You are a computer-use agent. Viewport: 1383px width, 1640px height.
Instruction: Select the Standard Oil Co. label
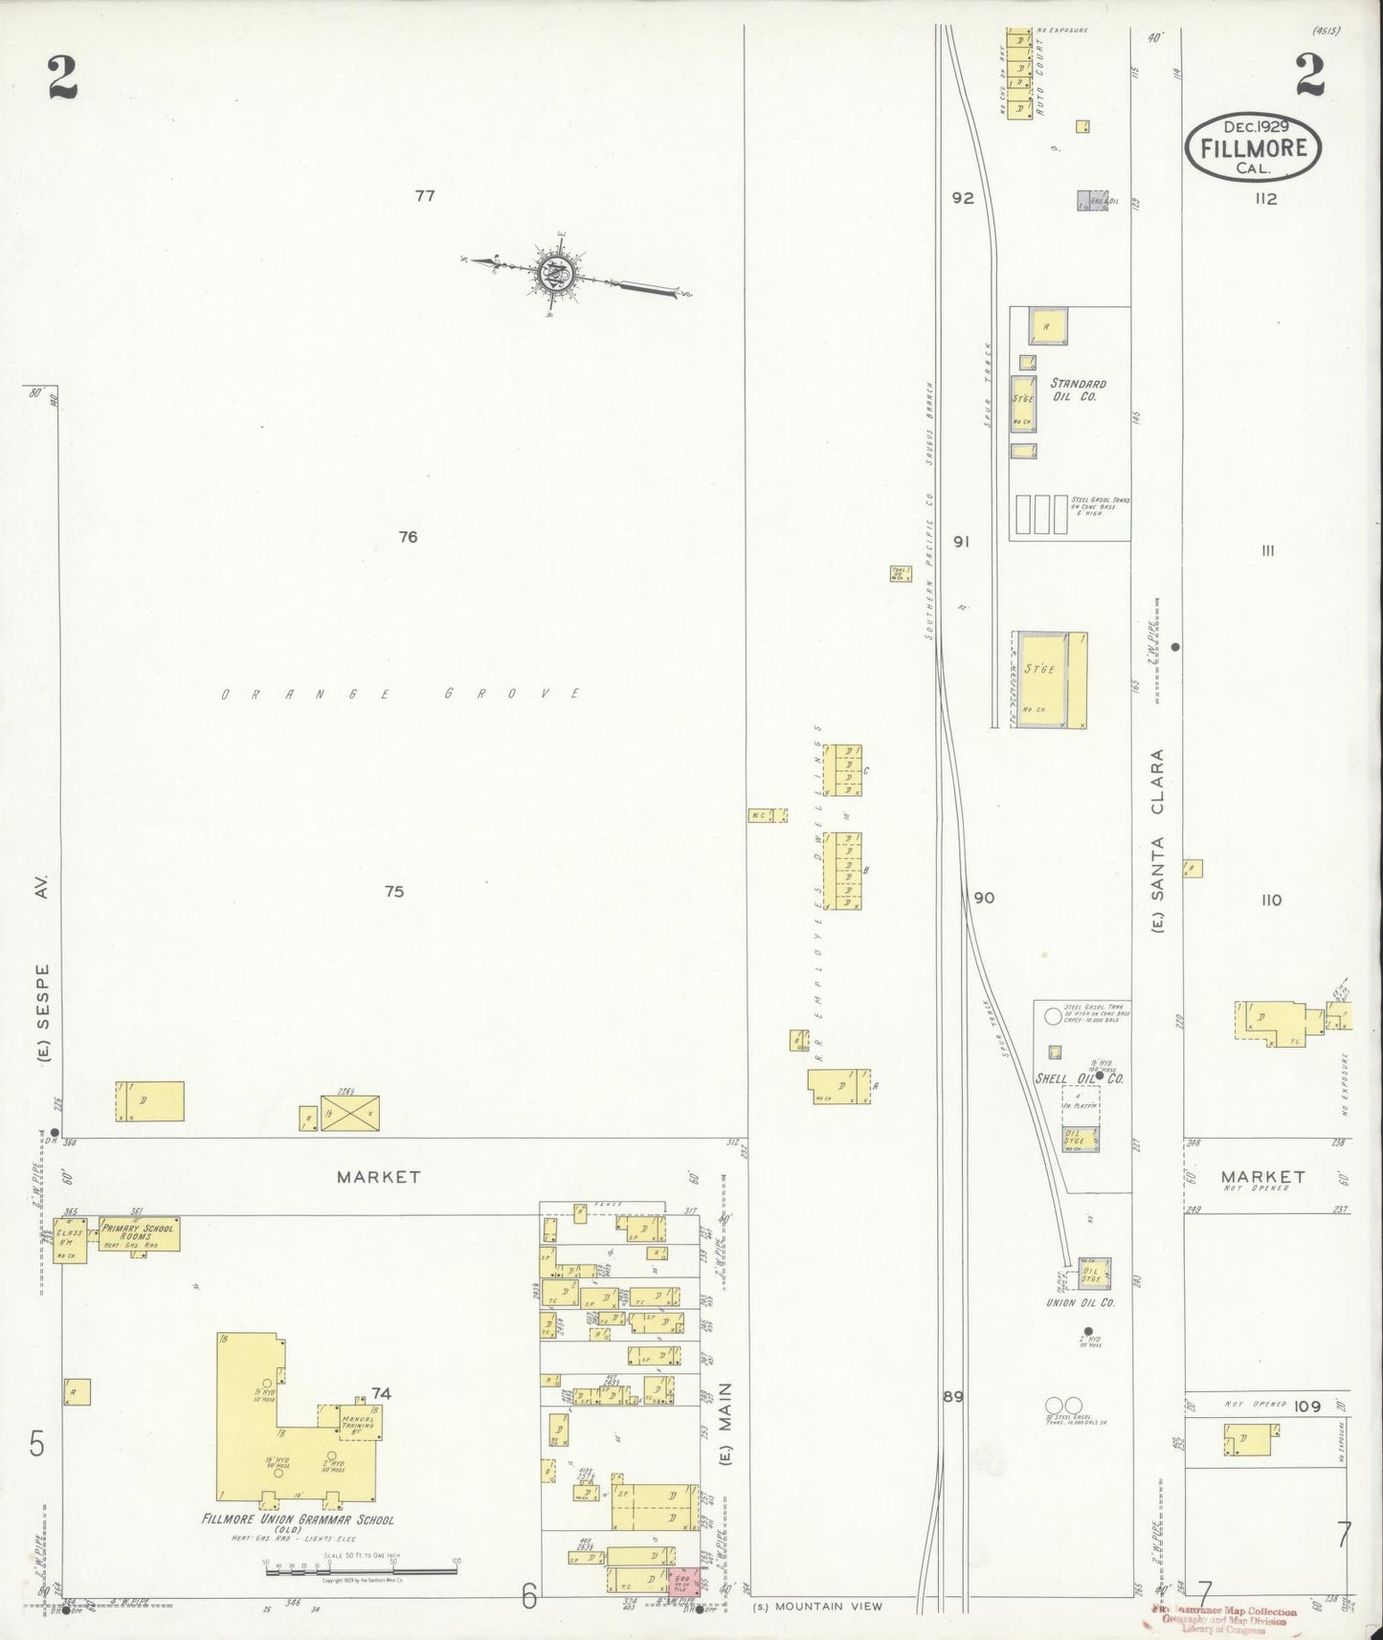(1078, 389)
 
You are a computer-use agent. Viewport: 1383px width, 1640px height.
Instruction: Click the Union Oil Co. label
(1082, 1302)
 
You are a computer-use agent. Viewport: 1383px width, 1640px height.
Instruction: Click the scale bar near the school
(360, 1571)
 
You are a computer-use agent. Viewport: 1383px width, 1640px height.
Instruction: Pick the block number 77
(425, 196)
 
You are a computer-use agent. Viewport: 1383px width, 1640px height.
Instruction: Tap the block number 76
(409, 537)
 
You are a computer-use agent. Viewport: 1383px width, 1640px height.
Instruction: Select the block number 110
(1271, 899)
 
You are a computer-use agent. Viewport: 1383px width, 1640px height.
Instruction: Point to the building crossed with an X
(350, 1113)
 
